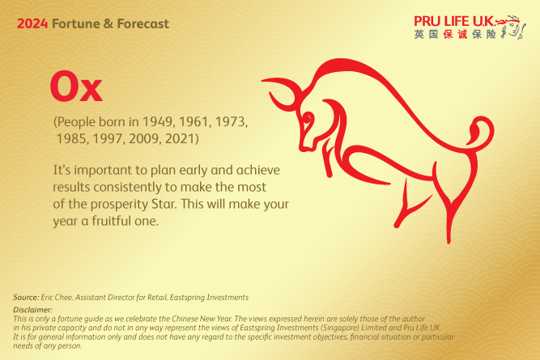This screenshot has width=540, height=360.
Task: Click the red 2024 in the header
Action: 32,24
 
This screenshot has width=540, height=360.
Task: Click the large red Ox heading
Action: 76,87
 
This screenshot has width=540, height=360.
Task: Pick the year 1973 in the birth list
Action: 228,121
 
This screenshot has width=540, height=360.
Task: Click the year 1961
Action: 192,121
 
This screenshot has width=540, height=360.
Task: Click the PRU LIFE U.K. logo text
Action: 453,20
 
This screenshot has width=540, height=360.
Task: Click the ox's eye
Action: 309,121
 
